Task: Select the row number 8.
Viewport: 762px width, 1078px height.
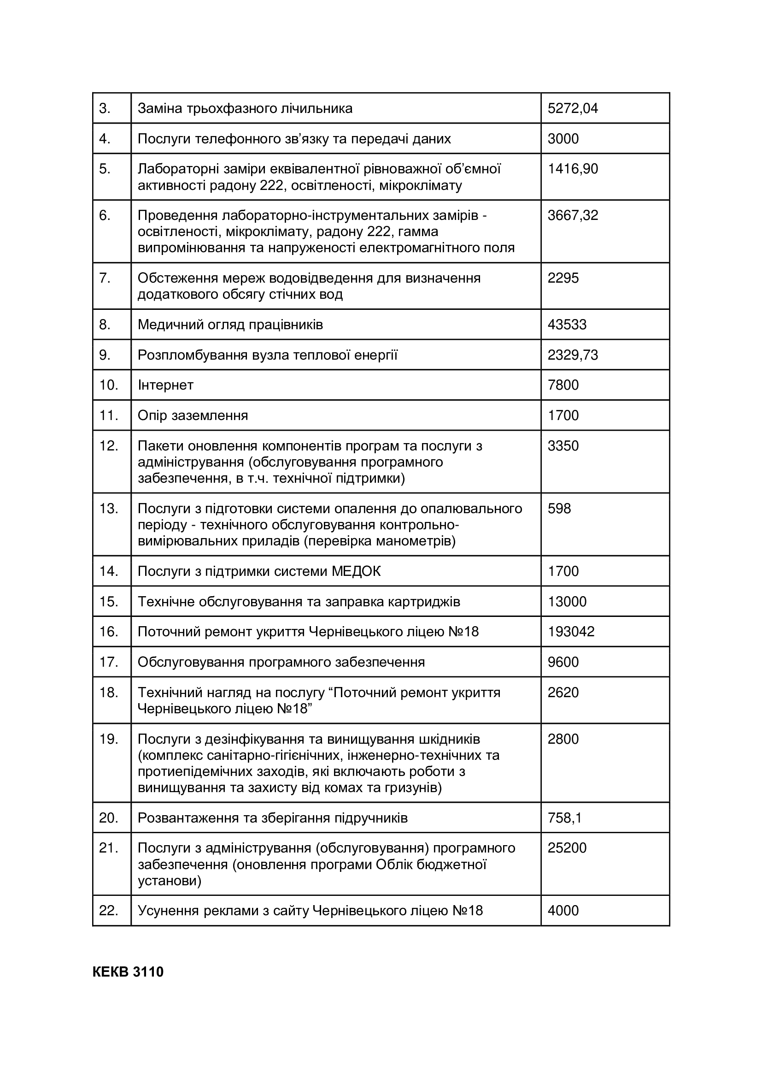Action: pos(105,325)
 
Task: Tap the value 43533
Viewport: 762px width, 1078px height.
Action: pos(567,325)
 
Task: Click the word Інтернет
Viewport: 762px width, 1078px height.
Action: pos(165,385)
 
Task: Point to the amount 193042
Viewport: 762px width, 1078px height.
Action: pos(571,632)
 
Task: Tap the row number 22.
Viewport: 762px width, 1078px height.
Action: pos(108,910)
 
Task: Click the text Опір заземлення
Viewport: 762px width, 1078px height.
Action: pos(193,415)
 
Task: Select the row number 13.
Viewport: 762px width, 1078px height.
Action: pos(108,509)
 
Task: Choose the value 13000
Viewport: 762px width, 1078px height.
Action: pos(567,601)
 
